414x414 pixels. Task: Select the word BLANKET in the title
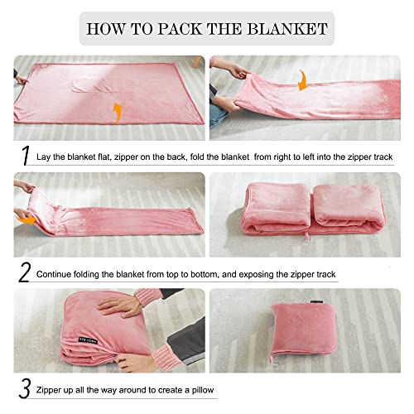(x=287, y=28)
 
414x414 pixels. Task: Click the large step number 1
(x=24, y=156)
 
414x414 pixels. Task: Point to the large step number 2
(x=25, y=272)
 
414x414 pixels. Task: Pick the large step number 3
(x=25, y=387)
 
